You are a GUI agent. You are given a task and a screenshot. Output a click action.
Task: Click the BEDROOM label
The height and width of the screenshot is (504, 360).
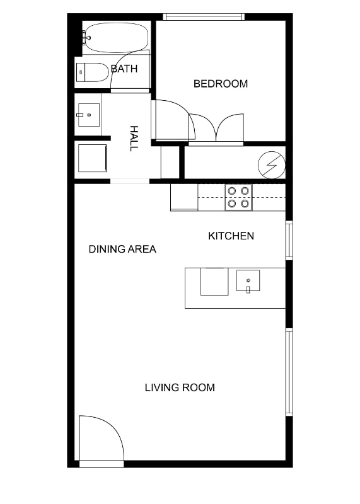click(x=221, y=84)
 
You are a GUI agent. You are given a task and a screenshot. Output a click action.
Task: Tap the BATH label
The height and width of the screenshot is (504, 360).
click(x=124, y=69)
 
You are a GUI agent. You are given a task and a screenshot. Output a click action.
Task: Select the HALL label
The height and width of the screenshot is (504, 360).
click(x=134, y=138)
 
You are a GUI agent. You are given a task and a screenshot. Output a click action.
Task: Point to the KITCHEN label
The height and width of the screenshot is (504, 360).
click(x=231, y=236)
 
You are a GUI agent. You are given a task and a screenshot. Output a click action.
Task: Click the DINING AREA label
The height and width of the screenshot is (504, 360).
click(x=122, y=249)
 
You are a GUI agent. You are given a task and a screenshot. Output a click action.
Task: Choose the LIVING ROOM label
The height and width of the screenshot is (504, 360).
click(x=180, y=387)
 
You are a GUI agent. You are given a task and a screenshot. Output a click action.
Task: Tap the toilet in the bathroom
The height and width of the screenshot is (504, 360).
click(x=93, y=72)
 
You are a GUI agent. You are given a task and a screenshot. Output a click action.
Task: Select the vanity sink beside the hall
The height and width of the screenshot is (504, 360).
click(x=89, y=115)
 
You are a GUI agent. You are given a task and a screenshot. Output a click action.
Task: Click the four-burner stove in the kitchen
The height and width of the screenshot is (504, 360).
click(x=238, y=197)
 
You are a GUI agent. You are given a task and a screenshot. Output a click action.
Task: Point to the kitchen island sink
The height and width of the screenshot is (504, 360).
click(x=248, y=280)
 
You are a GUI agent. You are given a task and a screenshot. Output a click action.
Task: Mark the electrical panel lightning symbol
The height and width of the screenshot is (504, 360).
click(x=272, y=165)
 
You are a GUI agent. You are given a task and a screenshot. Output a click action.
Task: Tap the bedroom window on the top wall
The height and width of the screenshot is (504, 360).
click(x=203, y=17)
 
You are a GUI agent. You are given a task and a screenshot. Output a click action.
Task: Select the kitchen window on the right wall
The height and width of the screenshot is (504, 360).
click(x=289, y=240)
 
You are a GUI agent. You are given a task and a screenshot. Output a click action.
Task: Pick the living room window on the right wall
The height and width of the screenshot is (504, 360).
click(x=289, y=372)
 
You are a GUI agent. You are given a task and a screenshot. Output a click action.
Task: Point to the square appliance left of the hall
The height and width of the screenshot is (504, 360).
click(x=92, y=158)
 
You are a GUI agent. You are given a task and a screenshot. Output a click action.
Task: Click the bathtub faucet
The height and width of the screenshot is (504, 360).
click(x=86, y=38)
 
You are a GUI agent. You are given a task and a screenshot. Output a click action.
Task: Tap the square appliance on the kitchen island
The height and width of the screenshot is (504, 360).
click(x=214, y=281)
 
